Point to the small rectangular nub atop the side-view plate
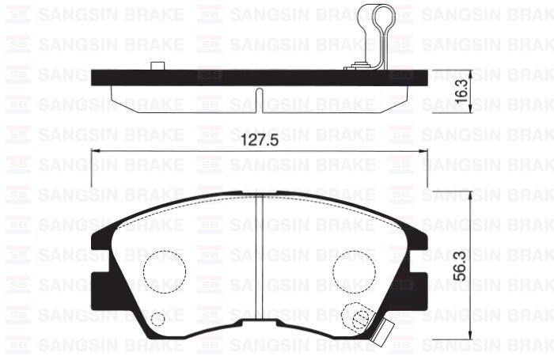(156, 65)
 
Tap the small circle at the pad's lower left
(157, 320)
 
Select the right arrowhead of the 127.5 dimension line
(423, 151)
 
